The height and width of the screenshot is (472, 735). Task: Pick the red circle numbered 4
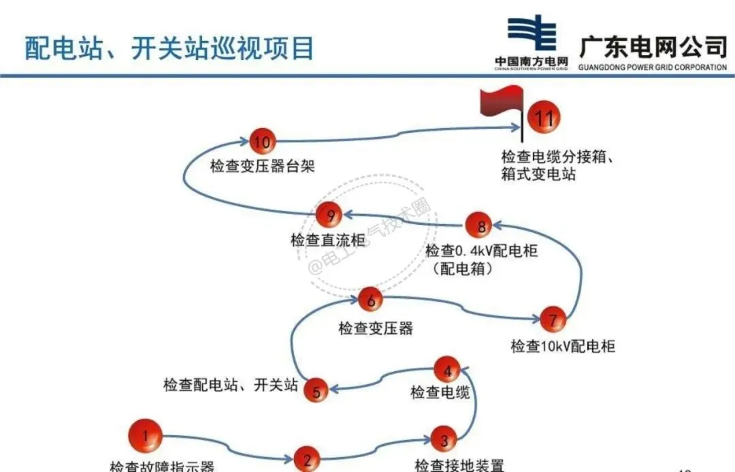click(447, 371)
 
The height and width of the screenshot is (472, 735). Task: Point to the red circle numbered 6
click(371, 299)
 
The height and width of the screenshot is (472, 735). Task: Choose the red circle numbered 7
click(553, 319)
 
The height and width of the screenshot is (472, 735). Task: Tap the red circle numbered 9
click(331, 216)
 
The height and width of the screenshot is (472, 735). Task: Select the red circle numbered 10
click(261, 142)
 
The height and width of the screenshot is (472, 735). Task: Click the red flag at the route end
click(501, 106)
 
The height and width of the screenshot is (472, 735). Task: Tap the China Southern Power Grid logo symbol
click(532, 33)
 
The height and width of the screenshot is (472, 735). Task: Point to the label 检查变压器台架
click(262, 166)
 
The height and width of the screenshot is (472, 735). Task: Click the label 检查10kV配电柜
click(563, 346)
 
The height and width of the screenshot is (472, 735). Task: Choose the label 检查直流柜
click(327, 240)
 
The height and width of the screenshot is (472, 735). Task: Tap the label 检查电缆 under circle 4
click(440, 393)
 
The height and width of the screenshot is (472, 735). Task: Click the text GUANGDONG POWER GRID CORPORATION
click(652, 67)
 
